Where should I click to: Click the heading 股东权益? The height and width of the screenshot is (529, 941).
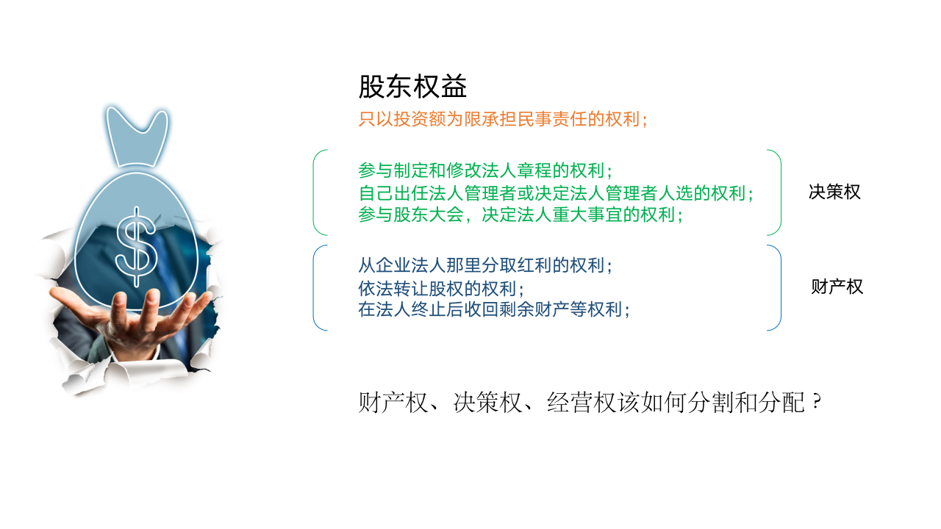(412, 87)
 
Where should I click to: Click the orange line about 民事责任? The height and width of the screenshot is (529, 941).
(503, 120)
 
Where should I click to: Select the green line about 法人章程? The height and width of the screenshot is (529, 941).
(485, 170)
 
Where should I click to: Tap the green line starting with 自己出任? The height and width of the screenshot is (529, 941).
(557, 193)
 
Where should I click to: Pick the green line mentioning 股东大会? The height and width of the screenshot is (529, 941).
(520, 215)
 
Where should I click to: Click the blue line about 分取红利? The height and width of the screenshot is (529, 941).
(485, 265)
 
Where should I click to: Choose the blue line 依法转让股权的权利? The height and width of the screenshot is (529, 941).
(441, 288)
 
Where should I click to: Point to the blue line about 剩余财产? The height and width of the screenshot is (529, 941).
(494, 309)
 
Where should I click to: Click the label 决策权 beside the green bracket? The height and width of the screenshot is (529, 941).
(834, 192)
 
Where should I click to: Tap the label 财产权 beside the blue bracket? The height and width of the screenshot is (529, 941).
(837, 287)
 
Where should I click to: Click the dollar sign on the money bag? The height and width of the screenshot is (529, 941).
(137, 245)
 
